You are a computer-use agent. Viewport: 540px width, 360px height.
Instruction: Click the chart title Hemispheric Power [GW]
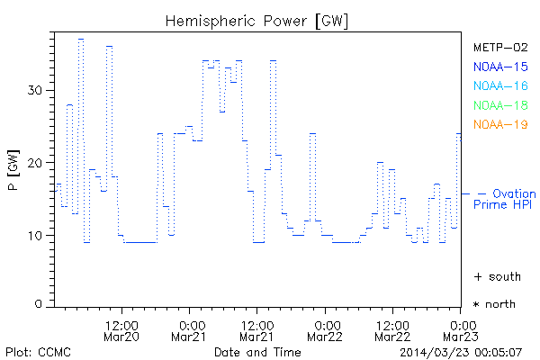point(257,20)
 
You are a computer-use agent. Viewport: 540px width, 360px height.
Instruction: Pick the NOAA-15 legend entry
point(500,67)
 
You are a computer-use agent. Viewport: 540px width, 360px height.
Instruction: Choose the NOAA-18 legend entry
point(500,105)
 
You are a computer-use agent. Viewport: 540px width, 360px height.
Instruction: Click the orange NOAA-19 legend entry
point(500,124)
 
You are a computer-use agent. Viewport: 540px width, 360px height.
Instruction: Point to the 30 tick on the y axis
point(36,90)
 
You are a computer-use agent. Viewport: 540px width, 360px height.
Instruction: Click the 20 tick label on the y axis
point(36,163)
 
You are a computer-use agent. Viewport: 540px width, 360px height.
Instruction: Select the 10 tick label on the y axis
point(36,236)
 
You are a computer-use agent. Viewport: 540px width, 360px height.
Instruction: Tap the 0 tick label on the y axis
point(40,305)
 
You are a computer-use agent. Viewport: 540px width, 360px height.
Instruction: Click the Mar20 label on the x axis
point(121,337)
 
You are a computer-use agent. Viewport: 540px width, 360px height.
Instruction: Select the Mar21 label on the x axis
point(190,337)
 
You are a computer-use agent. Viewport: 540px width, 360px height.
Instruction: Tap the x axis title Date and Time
point(257,351)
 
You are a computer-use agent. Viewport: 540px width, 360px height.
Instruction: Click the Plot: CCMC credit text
point(38,351)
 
